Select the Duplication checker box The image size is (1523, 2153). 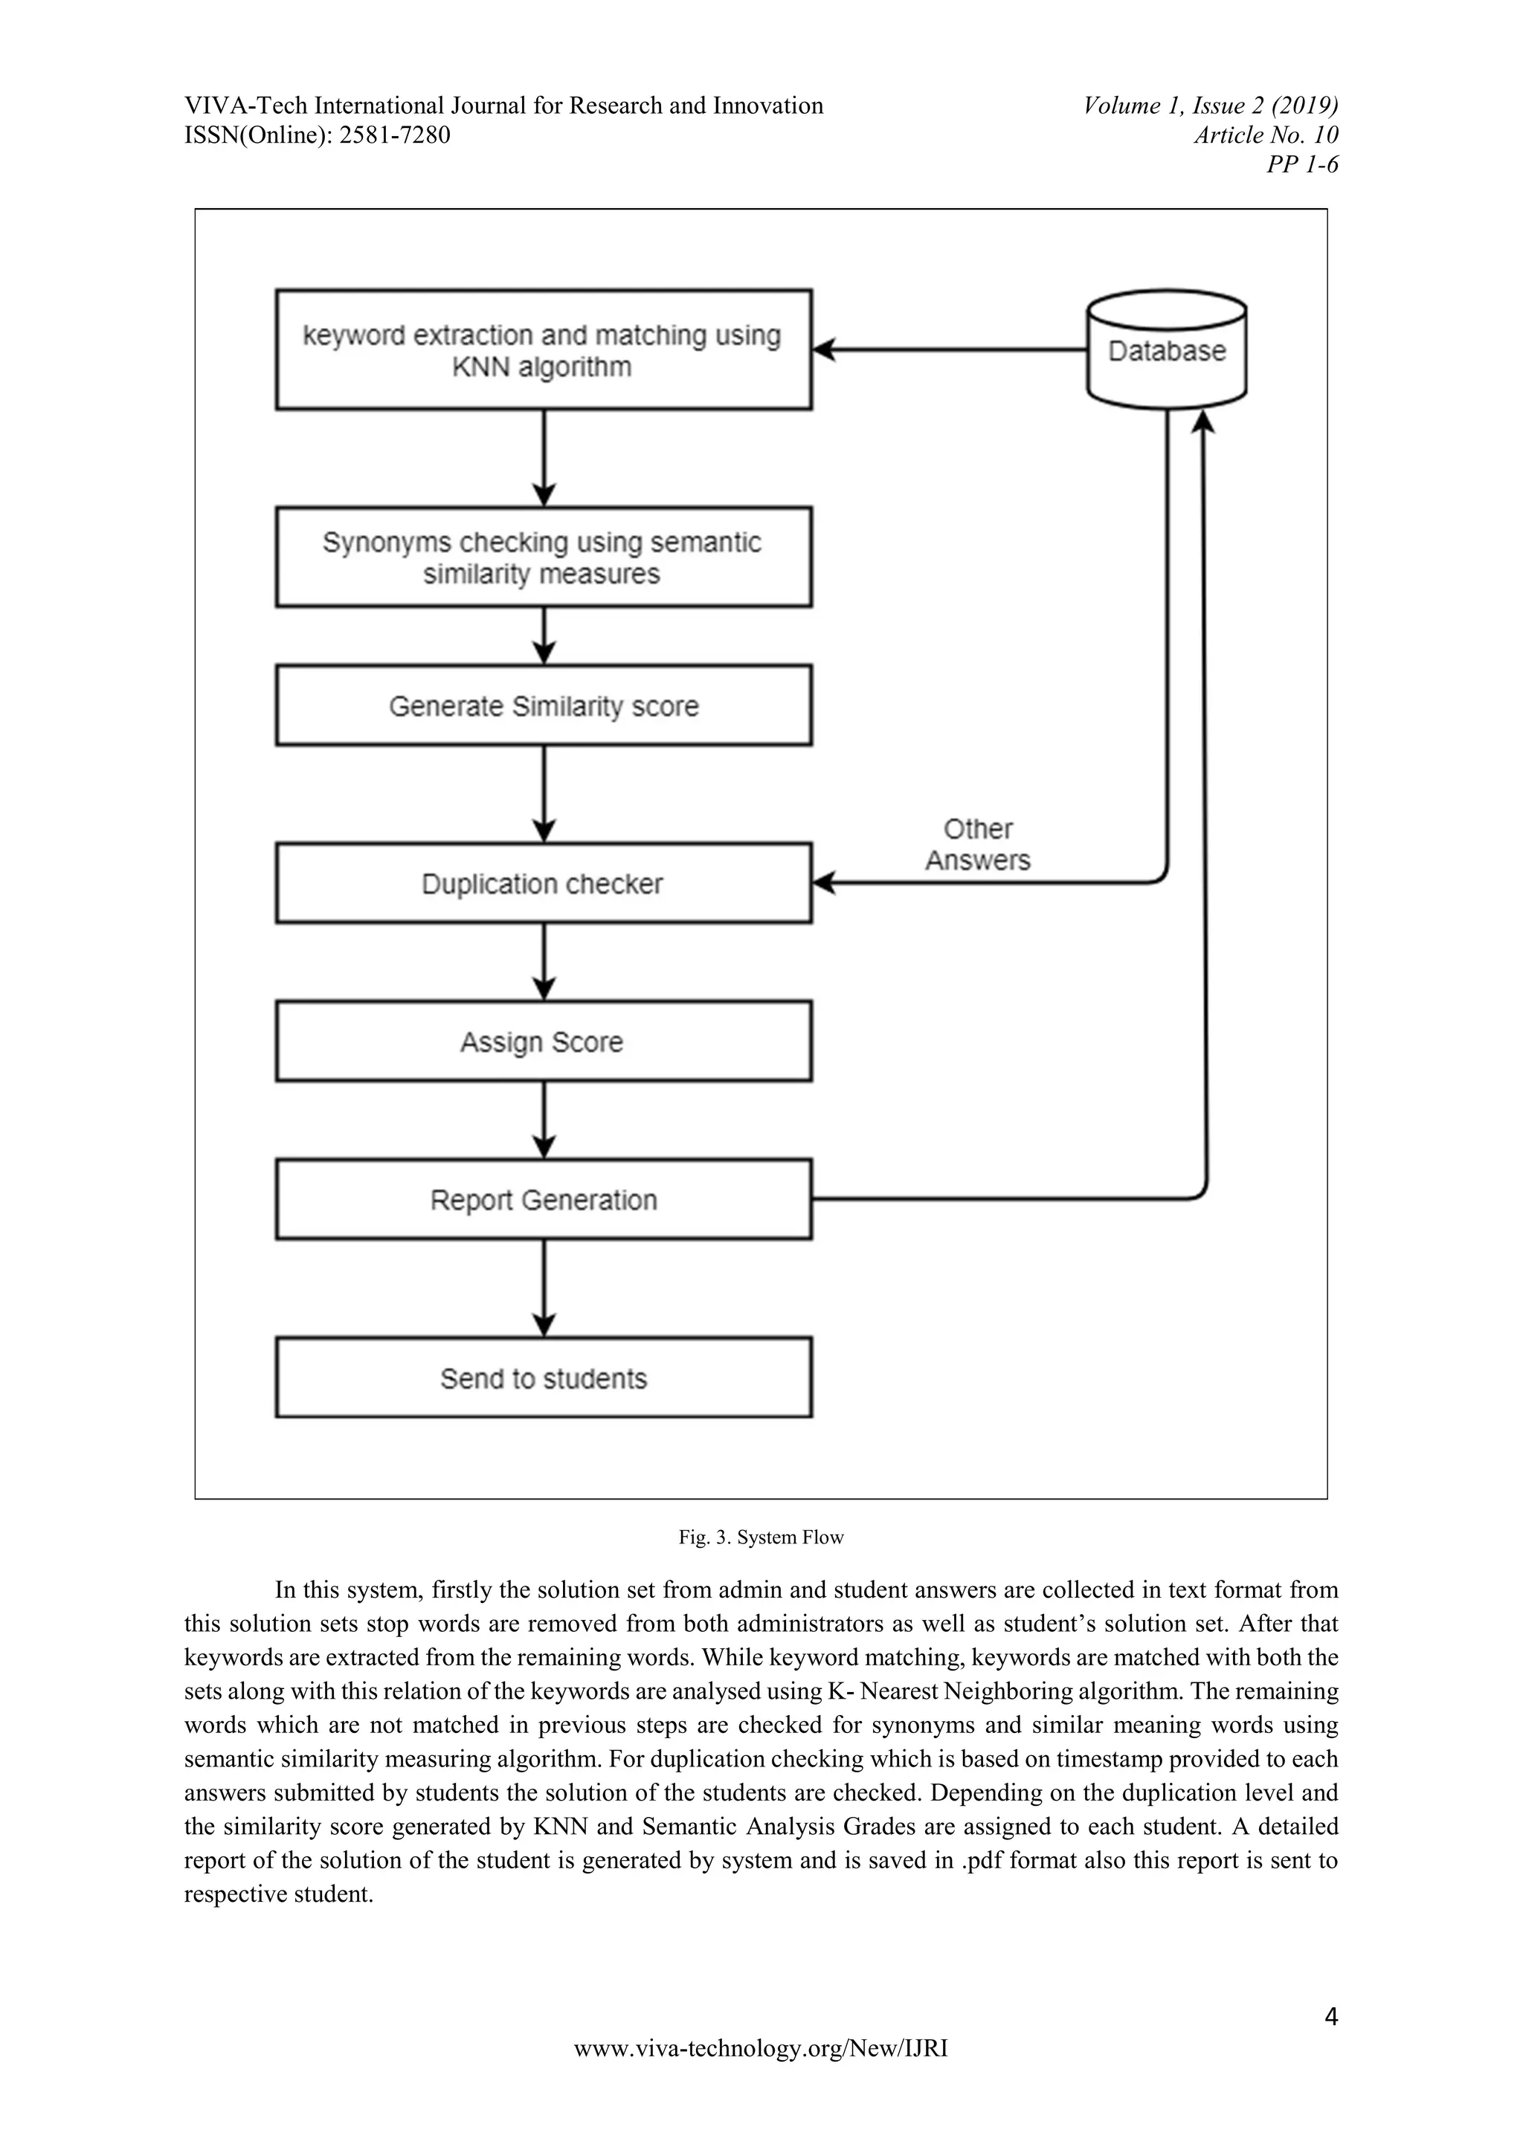543,883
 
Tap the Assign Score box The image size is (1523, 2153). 543,1041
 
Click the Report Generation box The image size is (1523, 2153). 543,1199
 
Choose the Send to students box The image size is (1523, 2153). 543,1378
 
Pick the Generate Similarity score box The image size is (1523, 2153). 543,706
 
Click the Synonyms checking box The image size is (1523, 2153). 543,557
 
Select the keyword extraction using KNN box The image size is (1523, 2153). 543,349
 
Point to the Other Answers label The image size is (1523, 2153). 977,844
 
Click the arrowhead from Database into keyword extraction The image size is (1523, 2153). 824,349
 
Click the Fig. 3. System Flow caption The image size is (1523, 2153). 761,1537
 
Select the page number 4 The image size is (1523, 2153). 1330,2015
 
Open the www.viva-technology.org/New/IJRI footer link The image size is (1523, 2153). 761,2074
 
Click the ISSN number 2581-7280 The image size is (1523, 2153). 394,135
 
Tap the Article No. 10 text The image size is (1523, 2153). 1265,135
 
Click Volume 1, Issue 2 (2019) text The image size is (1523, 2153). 1210,105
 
